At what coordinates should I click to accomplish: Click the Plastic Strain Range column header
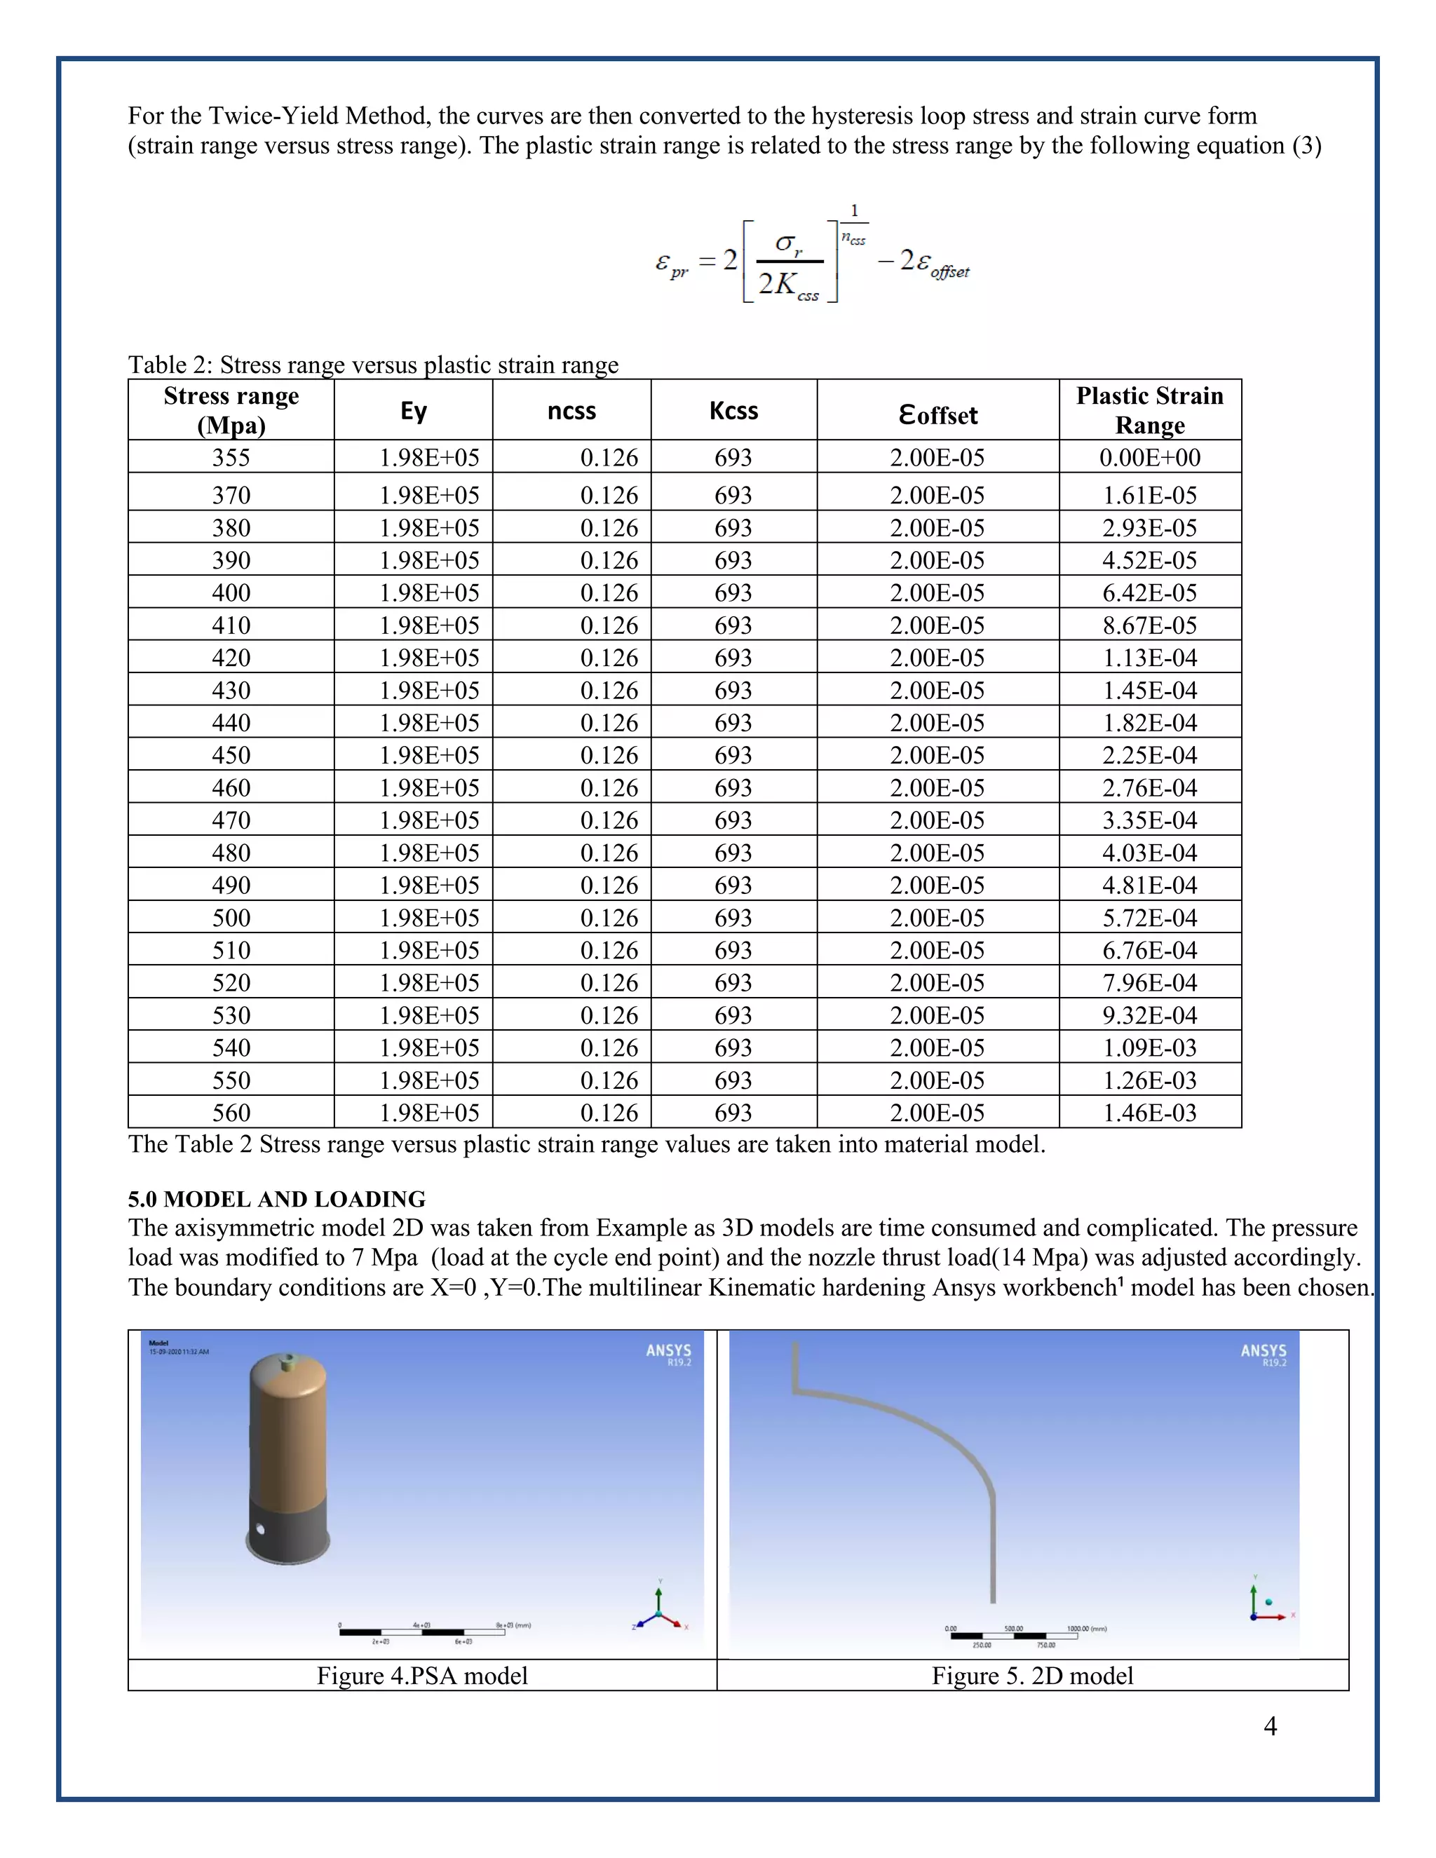[x=1149, y=410]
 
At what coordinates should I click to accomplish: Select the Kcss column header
[x=733, y=411]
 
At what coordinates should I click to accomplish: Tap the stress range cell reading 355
[x=231, y=458]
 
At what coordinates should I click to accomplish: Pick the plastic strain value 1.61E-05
[x=1149, y=495]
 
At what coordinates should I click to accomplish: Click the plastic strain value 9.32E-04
[x=1149, y=1015]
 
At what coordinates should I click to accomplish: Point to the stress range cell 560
[x=231, y=1113]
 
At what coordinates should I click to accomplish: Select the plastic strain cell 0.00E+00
[x=1149, y=458]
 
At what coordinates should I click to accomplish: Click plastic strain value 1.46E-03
[x=1149, y=1113]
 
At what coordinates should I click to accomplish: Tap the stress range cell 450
[x=231, y=755]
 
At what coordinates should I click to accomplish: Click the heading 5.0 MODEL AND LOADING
[x=276, y=1199]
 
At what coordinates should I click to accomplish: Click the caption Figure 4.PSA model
[x=422, y=1676]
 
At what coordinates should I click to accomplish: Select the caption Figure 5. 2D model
[x=1032, y=1676]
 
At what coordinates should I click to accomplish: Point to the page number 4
[x=1270, y=1725]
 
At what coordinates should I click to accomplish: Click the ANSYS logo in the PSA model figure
[x=669, y=1353]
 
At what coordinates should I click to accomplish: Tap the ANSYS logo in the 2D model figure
[x=1264, y=1353]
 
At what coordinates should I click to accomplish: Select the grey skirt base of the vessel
[x=287, y=1532]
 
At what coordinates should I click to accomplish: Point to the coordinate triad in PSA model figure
[x=660, y=1611]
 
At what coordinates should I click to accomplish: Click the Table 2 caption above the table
[x=372, y=365]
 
